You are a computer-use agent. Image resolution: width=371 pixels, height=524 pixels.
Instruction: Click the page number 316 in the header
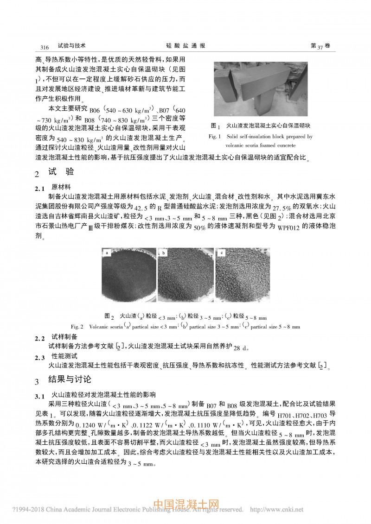tap(45, 47)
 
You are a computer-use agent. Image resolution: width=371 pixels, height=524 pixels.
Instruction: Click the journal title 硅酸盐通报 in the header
tap(185, 46)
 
